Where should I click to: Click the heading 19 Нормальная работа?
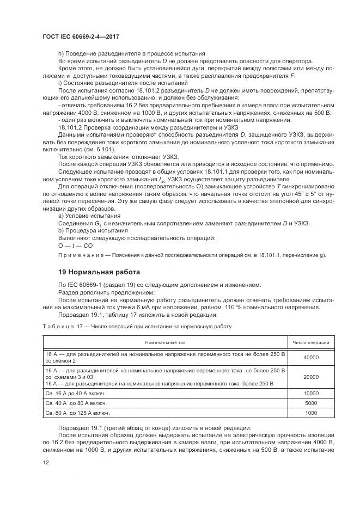pyautogui.click(x=99, y=272)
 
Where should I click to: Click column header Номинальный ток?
pyautogui.click(x=166, y=342)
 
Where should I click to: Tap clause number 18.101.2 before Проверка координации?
pyautogui.click(x=71, y=127)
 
